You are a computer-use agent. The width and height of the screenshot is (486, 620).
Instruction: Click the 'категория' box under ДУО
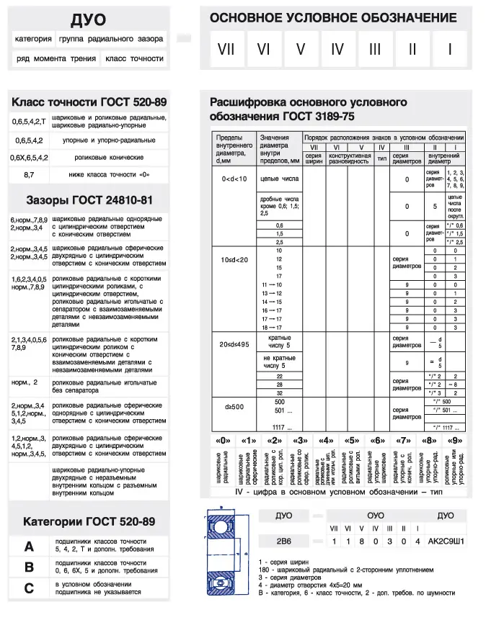33,39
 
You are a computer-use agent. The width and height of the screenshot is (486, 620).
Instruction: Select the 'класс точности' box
135,58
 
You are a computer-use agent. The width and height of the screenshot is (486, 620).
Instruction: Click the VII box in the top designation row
226,50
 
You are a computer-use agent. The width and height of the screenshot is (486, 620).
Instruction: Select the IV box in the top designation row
337,50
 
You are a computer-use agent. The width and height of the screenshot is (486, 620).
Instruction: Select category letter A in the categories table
29,547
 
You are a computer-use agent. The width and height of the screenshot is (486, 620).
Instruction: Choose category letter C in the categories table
29,588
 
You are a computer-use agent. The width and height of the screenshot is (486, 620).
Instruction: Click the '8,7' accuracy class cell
29,174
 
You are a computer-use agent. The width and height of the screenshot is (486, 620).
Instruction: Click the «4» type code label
326,440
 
